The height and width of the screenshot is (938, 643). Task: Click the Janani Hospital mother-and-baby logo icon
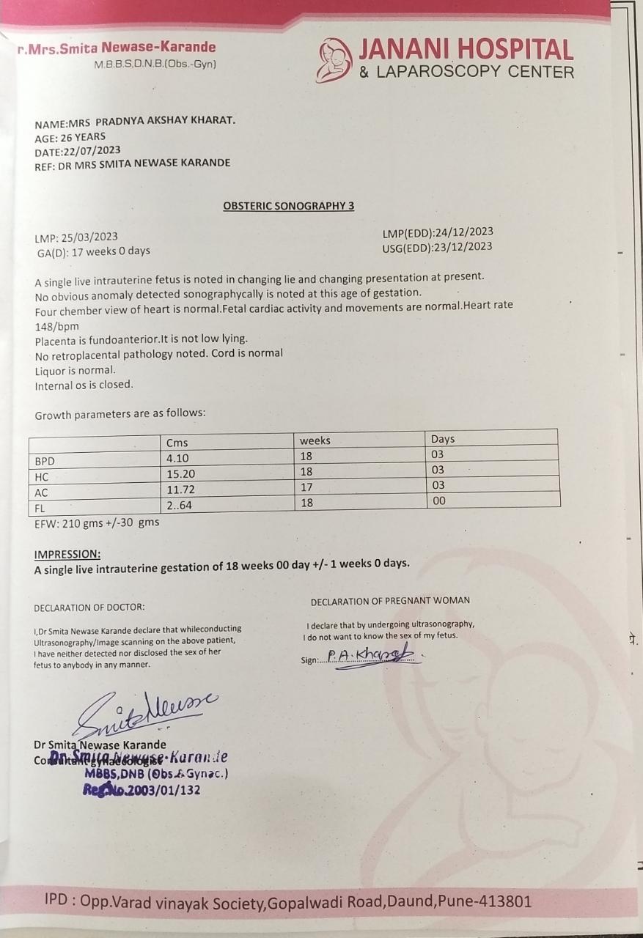335,59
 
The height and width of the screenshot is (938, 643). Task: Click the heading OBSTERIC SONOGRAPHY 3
288,206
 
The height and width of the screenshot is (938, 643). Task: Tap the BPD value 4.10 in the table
178,459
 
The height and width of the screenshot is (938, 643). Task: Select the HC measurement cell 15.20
180,474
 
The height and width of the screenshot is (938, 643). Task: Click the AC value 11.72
180,490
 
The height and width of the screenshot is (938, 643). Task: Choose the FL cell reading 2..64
180,505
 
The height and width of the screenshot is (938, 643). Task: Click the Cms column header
177,442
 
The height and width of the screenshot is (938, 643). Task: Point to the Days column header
443,439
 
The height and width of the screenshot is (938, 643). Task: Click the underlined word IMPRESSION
67,554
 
